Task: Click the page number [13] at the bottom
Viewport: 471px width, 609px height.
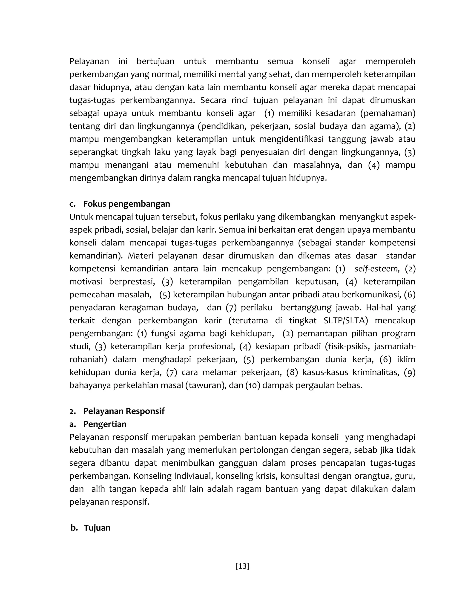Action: [242, 566]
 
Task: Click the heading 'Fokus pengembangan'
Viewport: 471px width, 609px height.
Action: [126, 204]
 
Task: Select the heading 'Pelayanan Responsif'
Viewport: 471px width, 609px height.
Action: [123, 411]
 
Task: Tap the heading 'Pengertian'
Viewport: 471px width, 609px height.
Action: [105, 424]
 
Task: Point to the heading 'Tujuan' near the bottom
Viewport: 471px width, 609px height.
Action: [97, 528]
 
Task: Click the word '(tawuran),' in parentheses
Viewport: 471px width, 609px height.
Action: [206, 385]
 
